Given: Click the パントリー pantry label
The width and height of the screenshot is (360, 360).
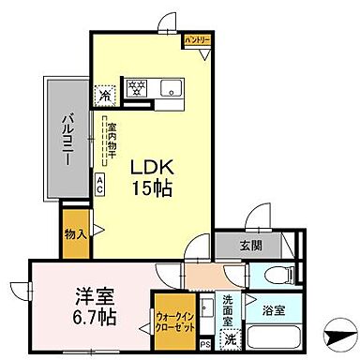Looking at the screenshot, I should point(196,39).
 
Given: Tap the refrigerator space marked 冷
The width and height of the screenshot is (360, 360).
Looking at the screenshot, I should point(106,93).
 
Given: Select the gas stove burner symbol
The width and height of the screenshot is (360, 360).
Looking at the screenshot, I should point(136,90).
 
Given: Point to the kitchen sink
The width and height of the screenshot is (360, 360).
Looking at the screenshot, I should point(172,90).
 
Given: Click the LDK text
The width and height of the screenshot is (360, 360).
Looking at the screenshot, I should point(145,167).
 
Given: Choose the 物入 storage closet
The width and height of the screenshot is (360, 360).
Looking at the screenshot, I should point(76,232).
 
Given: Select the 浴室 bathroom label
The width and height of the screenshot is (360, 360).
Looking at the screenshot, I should point(273,310).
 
